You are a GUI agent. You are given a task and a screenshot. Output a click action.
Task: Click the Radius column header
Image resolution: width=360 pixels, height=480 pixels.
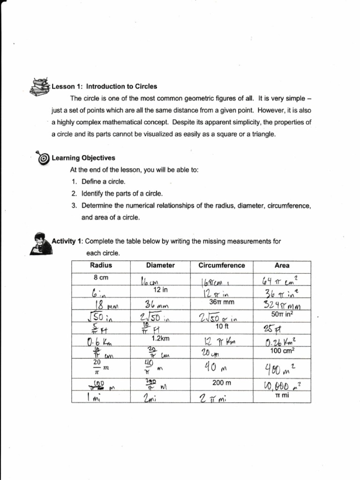(101, 265)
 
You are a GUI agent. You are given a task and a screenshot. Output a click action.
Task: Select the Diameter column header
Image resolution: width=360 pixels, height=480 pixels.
(160, 265)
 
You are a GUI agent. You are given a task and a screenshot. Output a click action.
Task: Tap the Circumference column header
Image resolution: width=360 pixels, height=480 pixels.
(222, 265)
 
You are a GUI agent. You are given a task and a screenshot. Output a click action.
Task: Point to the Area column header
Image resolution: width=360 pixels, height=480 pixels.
(282, 265)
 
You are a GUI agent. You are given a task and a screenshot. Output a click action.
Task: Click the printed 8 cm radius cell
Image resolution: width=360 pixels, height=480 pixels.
(101, 277)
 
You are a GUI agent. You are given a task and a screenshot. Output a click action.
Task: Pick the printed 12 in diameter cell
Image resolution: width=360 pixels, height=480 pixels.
(160, 290)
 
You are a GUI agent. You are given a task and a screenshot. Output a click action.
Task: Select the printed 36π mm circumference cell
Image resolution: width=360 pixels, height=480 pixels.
(222, 302)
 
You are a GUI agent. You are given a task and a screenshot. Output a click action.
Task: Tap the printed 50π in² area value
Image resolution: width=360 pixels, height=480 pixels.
(282, 315)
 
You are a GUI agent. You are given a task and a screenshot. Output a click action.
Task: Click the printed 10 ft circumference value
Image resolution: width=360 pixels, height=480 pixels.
(222, 326)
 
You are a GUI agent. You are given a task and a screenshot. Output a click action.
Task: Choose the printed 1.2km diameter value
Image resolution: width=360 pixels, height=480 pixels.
(160, 338)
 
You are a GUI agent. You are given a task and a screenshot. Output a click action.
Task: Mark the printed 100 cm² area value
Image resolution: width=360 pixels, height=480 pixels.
(282, 351)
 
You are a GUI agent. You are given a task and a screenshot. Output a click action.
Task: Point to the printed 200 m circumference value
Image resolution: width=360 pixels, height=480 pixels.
(222, 382)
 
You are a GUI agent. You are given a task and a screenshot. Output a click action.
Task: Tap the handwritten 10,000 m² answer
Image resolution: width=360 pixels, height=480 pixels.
(281, 387)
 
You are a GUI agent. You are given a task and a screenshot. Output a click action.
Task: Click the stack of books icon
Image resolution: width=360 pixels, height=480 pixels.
(40, 87)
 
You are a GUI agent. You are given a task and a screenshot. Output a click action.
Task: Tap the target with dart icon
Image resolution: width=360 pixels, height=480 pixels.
(42, 157)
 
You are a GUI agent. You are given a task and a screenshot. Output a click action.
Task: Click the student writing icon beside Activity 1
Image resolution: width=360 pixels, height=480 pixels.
(41, 243)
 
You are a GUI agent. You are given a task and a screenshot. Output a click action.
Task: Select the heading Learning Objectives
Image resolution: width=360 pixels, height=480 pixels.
(83, 158)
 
